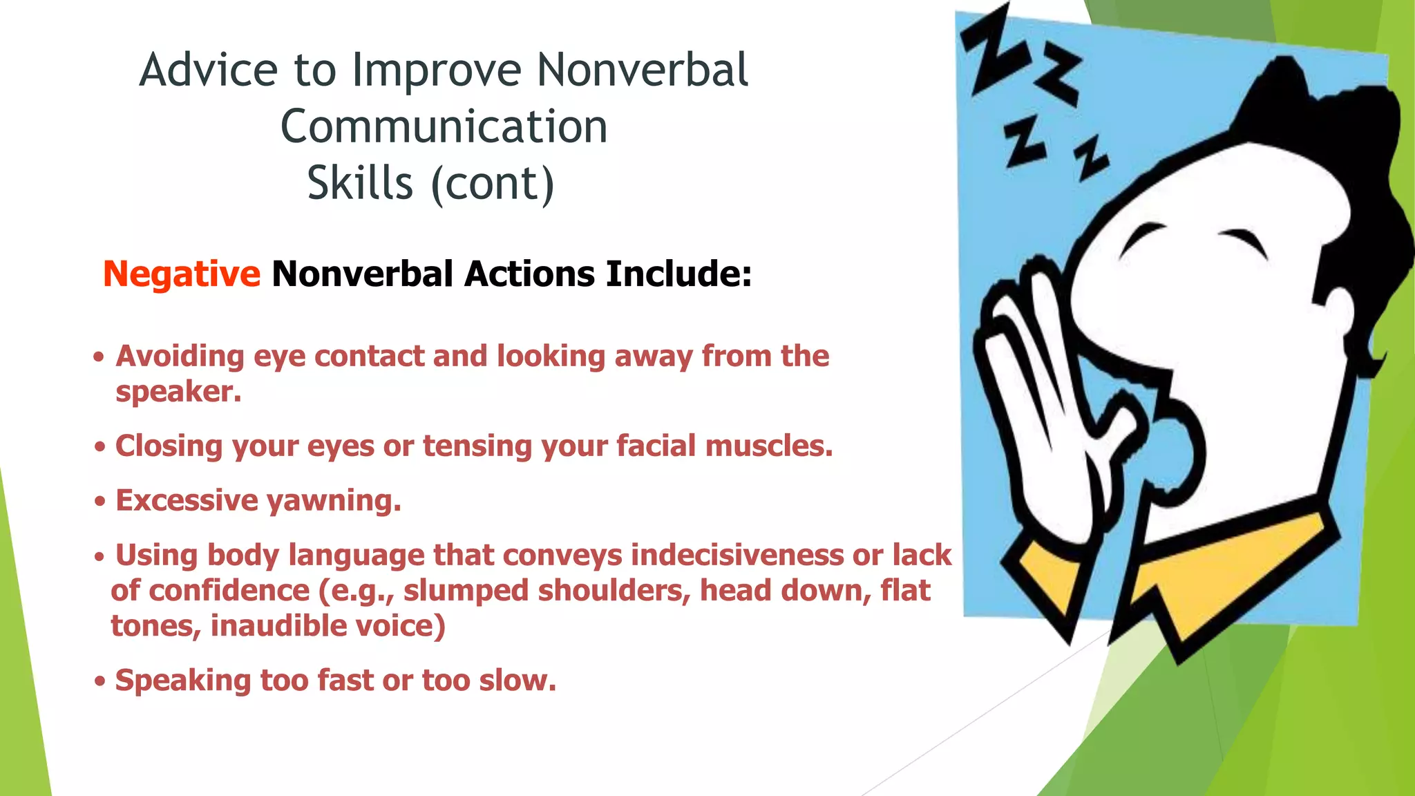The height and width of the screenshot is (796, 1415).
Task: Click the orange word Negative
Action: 182,274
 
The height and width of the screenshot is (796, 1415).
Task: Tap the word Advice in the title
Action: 208,70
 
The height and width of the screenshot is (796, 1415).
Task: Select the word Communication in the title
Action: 444,127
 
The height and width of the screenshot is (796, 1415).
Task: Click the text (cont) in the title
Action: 492,184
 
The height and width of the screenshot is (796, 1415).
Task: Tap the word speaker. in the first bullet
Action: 178,392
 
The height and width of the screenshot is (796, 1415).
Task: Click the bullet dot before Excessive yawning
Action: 100,502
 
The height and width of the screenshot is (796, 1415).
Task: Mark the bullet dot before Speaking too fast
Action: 100,682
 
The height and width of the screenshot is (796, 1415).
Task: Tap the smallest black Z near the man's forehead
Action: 1090,158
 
